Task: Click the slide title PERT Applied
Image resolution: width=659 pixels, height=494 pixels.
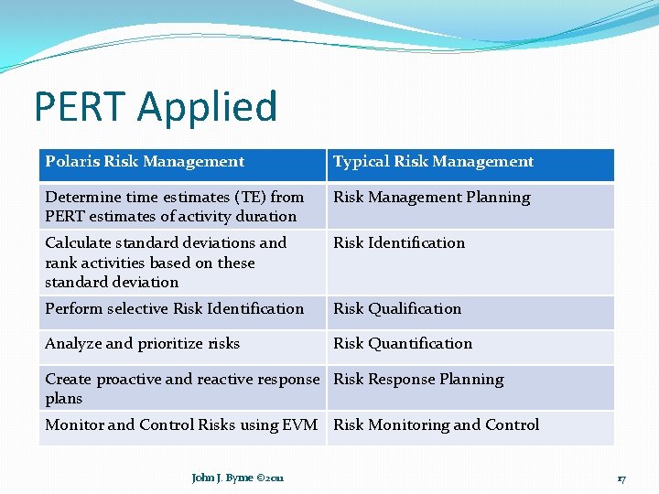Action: tap(156, 106)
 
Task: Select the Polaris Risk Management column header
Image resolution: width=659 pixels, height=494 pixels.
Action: tap(145, 162)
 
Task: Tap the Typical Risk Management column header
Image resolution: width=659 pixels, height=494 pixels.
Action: tap(433, 162)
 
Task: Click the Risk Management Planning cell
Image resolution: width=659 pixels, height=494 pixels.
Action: tap(431, 198)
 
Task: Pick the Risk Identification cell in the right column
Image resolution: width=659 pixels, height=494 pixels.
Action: tap(399, 243)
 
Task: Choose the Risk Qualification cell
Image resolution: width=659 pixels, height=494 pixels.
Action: tap(397, 309)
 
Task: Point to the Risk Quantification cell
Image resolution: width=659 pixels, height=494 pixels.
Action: tap(403, 344)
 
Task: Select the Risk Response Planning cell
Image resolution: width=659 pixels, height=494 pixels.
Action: tap(418, 380)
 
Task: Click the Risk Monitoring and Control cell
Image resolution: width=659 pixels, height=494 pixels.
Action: tap(436, 425)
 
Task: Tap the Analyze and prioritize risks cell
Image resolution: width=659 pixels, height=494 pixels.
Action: tap(143, 344)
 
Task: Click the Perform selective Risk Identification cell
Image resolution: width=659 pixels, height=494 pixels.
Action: tap(174, 309)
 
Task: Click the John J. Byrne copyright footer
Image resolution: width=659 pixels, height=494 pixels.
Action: tap(238, 478)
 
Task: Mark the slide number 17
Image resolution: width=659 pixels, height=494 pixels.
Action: tap(621, 478)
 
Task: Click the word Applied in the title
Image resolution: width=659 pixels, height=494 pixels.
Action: tap(208, 106)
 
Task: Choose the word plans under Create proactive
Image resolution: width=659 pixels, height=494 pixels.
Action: tap(64, 399)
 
